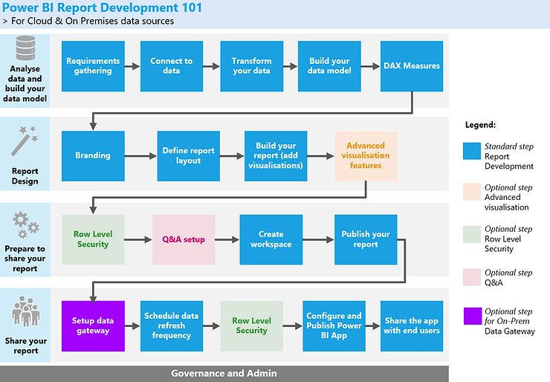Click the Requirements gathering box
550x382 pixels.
click(x=93, y=66)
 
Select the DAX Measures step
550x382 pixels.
click(x=412, y=66)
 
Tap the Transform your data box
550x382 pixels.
click(x=251, y=66)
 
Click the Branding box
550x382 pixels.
click(x=93, y=156)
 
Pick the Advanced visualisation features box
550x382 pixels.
click(x=365, y=156)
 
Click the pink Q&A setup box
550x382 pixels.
click(x=184, y=240)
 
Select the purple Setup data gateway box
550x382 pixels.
click(x=93, y=326)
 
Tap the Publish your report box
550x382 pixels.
click(x=365, y=240)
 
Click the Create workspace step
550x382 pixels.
click(x=271, y=240)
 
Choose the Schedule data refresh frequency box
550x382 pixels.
click(x=172, y=326)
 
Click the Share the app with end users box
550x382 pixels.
click(x=412, y=326)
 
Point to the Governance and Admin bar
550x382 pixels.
click(x=224, y=373)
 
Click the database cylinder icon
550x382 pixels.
click(x=25, y=51)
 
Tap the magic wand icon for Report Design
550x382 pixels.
click(x=25, y=140)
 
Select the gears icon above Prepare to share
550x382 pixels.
click(x=25, y=225)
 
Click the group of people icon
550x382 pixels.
click(x=25, y=313)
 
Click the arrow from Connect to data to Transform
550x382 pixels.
click(x=212, y=66)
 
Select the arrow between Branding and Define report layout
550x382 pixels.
click(x=140, y=156)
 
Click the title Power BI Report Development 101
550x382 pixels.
click(x=100, y=7)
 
